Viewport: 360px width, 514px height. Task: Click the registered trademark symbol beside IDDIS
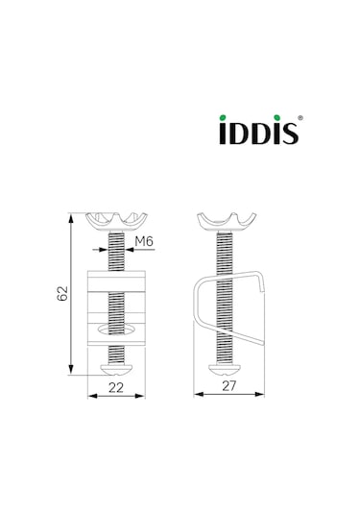pyautogui.click(x=300, y=121)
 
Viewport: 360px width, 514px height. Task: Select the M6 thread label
pyautogui.click(x=144, y=241)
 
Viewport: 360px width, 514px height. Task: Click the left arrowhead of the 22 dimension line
pyautogui.click(x=91, y=395)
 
